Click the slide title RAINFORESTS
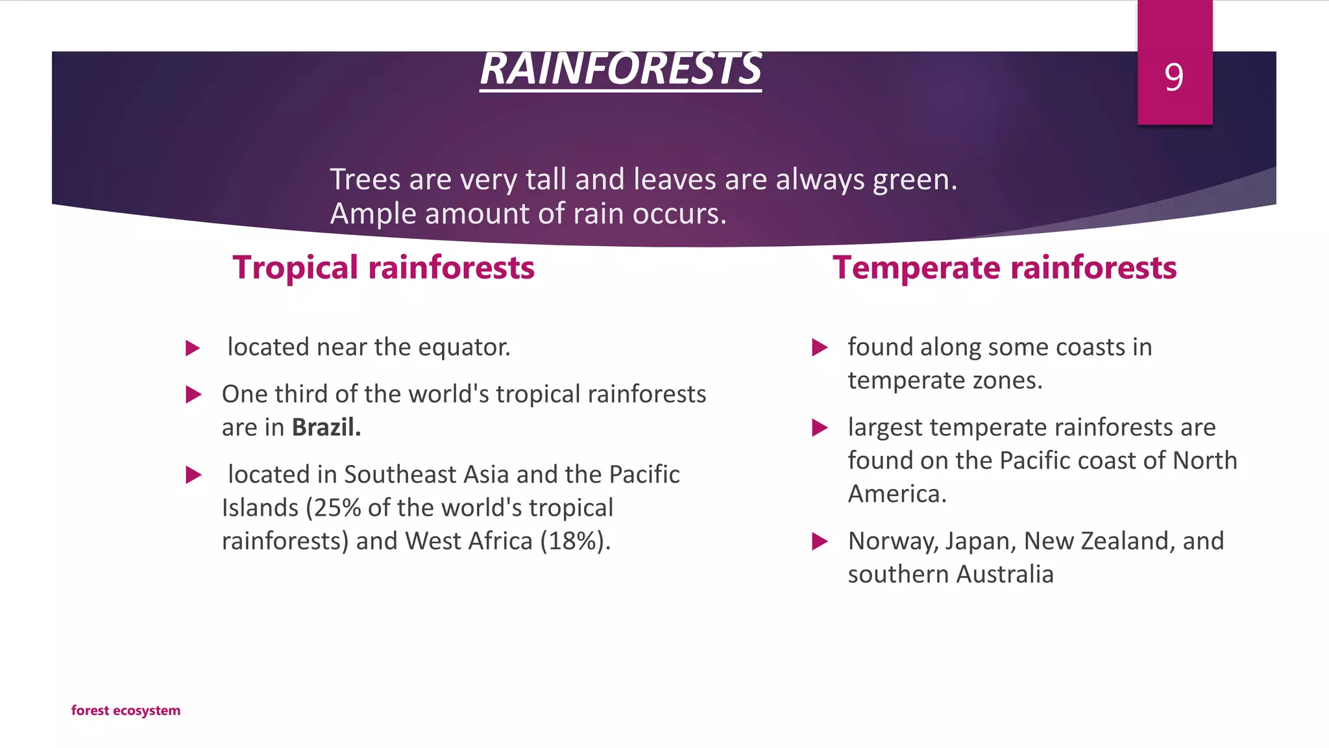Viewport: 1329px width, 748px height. pyautogui.click(x=620, y=69)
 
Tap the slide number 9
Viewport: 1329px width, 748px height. pyautogui.click(x=1174, y=77)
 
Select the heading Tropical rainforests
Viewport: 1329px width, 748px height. pyautogui.click(x=384, y=268)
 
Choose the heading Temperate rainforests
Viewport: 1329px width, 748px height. pyautogui.click(x=1005, y=268)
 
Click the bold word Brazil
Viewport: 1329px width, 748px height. pyautogui.click(x=326, y=427)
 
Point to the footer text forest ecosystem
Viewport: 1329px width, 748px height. pyautogui.click(x=126, y=710)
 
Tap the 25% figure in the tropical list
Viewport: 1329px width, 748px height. pyautogui.click(x=337, y=508)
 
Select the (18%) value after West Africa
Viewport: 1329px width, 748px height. pyautogui.click(x=575, y=541)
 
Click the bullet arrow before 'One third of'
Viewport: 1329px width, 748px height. pyautogui.click(x=193, y=394)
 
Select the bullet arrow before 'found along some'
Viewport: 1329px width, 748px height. pyautogui.click(x=820, y=347)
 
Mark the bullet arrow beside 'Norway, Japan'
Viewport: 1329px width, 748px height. pyautogui.click(x=820, y=542)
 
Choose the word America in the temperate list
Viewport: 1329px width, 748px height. pyautogui.click(x=897, y=494)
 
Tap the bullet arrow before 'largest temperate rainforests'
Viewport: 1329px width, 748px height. pyautogui.click(x=820, y=428)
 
